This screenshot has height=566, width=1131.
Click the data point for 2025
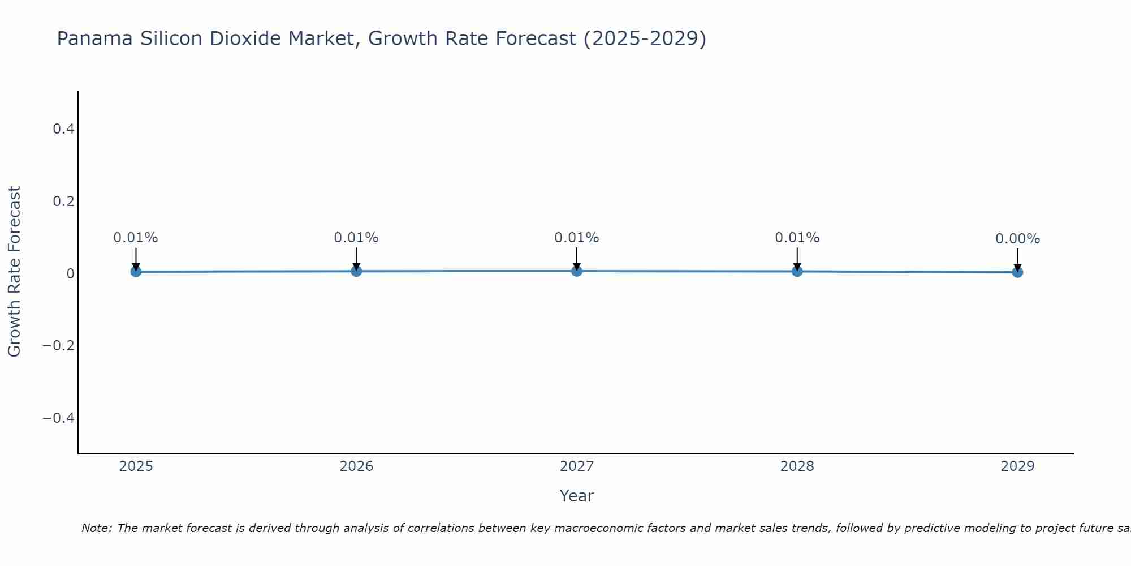[x=136, y=272]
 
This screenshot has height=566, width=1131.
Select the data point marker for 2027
[x=576, y=271]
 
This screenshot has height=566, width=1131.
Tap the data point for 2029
[x=1017, y=272]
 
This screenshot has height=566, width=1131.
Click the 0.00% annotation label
[x=1017, y=239]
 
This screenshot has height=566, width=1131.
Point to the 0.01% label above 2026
[x=356, y=238]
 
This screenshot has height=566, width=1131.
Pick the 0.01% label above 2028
[x=797, y=238]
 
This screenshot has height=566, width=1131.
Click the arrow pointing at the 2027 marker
[x=576, y=258]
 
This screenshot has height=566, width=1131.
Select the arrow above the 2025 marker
[x=136, y=259]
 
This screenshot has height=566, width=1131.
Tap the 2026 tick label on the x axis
[x=356, y=466]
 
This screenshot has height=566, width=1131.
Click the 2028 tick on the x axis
[x=797, y=466]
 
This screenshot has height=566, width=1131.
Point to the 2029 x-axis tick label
[x=1017, y=466]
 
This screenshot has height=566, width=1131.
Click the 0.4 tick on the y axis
[x=63, y=129]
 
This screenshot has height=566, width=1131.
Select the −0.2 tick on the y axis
[x=59, y=346]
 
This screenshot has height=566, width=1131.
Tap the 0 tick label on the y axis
[x=70, y=274]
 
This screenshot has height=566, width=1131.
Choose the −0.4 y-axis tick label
[x=59, y=418]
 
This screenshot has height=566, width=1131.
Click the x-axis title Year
[x=576, y=496]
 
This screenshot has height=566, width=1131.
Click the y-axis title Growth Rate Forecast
[x=14, y=272]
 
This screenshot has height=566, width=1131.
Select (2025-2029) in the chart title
[x=645, y=39]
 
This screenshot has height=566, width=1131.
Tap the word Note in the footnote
[x=96, y=529]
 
